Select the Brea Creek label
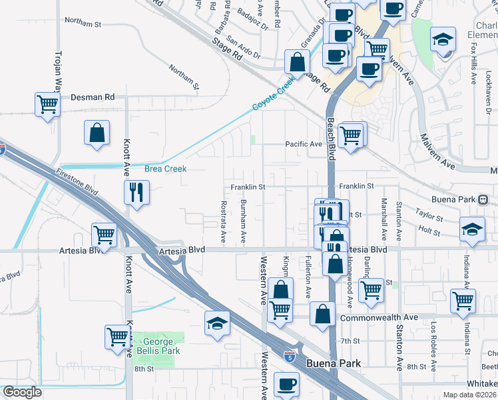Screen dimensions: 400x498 pos(165,169)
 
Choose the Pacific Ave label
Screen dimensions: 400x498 pos(304,144)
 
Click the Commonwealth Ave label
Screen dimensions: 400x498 pos(378,318)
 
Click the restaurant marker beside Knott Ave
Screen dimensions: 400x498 pos(136,192)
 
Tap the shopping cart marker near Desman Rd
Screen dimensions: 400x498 pos(47,103)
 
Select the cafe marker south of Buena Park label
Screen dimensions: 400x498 pos(286,383)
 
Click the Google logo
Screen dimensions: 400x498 pos(22,392)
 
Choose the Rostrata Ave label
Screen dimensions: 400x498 pos(224,221)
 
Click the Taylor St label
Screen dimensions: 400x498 pos(429,217)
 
